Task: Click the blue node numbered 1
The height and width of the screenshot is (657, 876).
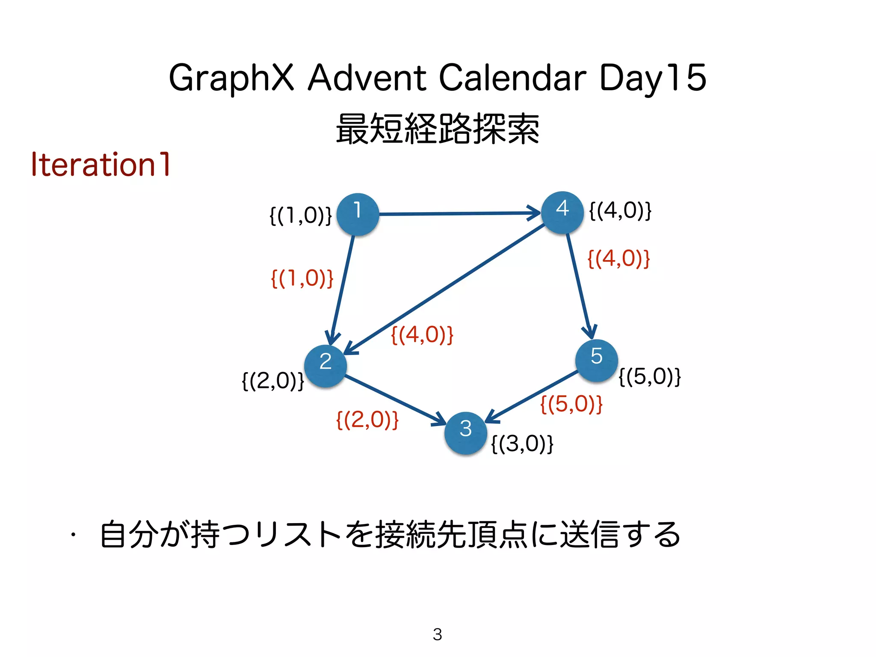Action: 358,214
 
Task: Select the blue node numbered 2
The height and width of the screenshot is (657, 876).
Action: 326,366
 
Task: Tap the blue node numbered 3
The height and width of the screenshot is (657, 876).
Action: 465,433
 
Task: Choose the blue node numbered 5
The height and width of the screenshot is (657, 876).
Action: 596,360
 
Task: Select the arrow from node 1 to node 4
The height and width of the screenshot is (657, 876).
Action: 460,213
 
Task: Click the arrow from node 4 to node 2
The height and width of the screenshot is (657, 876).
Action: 445,289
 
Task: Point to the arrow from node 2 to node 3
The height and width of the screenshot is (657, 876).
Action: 396,400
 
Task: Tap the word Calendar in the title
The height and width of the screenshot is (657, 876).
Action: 512,78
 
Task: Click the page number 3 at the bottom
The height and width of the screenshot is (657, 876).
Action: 437,634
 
